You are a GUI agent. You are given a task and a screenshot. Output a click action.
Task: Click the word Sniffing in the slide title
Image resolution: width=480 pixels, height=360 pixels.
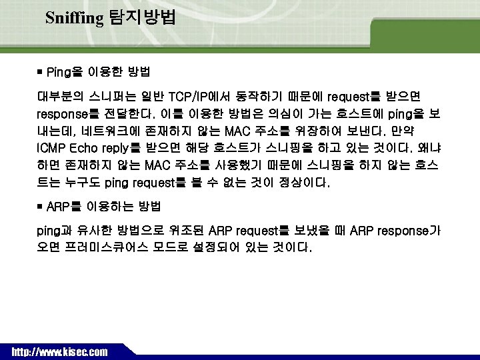point(73,17)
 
